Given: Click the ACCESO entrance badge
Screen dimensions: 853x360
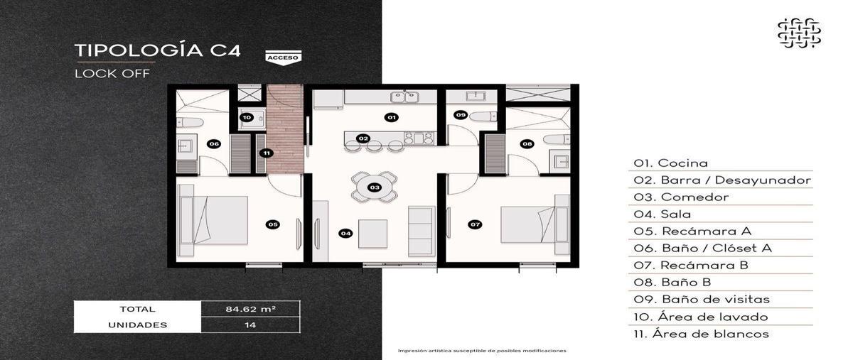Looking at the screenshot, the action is (x=284, y=58).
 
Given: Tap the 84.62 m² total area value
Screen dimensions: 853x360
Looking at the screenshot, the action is (x=250, y=309).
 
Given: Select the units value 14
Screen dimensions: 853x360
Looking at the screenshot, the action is (x=250, y=325).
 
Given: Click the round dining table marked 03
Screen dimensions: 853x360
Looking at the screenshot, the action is (x=375, y=187).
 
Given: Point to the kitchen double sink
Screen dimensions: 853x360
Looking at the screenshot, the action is (x=404, y=97).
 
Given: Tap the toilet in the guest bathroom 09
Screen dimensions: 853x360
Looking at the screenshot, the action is (x=483, y=116).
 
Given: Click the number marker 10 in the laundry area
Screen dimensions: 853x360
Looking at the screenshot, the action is (x=247, y=118).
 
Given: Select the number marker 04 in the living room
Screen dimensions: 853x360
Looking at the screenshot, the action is (x=345, y=234).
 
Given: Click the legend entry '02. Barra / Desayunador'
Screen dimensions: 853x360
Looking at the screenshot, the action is (x=722, y=180).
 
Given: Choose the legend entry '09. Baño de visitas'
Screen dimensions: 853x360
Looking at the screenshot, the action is (x=702, y=299).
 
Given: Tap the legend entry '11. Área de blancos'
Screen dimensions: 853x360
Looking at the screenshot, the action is (x=702, y=334).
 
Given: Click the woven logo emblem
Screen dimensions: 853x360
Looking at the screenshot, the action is (x=799, y=33).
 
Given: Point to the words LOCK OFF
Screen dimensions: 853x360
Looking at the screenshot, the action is (x=112, y=73).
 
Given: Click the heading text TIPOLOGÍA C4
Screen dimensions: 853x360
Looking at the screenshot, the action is (x=158, y=50).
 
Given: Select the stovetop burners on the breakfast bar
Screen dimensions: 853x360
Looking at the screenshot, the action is (x=419, y=138).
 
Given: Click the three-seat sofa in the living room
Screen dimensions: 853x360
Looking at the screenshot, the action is (x=422, y=231).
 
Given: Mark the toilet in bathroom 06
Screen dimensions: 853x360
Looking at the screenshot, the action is (x=190, y=123).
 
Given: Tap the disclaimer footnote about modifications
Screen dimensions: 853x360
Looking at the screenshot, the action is (x=482, y=351).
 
